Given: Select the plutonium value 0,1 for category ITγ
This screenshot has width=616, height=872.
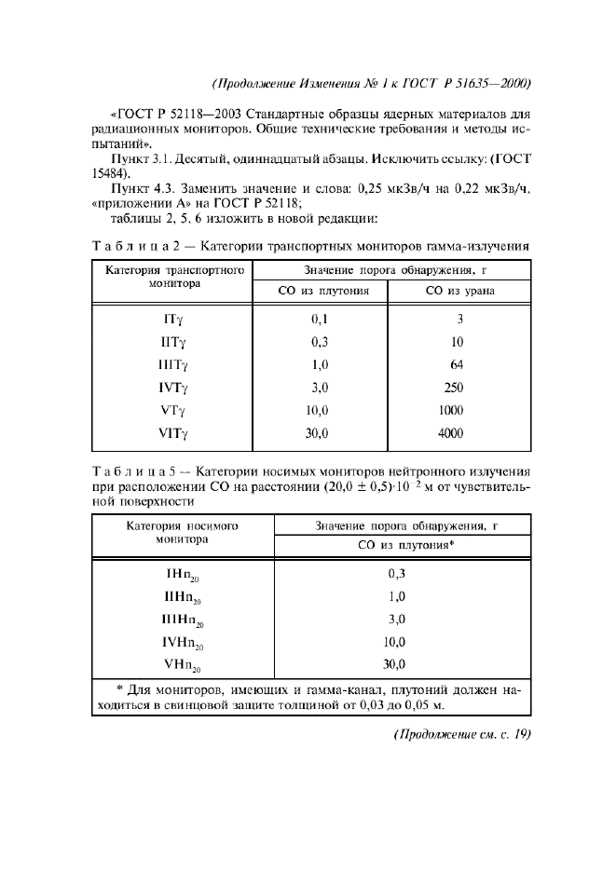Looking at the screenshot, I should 321,320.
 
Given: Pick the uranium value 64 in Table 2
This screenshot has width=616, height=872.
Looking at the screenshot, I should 456,365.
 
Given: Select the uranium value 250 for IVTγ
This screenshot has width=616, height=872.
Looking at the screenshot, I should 454,388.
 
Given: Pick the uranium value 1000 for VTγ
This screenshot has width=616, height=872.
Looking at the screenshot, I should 452,410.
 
